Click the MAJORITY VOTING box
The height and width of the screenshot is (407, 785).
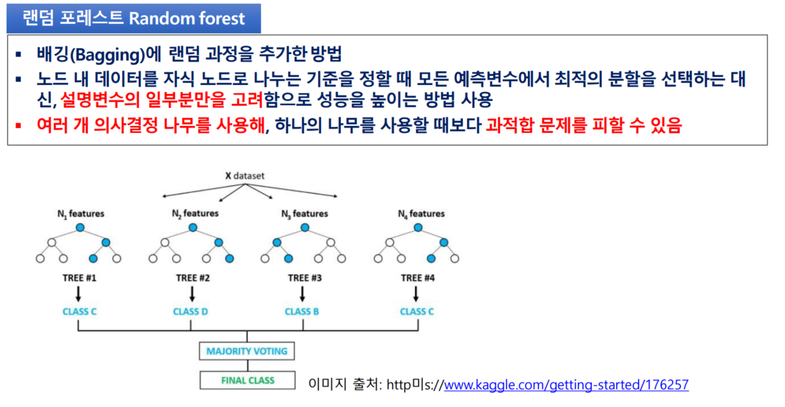247,351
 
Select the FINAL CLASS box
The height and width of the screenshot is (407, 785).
247,380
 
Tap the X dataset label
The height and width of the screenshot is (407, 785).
245,176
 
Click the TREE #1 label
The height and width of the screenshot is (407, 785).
79,278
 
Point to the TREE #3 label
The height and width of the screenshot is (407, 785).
305,278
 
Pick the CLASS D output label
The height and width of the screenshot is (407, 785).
190,311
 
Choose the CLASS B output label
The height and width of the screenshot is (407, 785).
302,311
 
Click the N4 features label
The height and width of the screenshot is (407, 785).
421,214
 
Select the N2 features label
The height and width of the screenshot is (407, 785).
195,213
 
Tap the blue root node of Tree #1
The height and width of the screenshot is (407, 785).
80,228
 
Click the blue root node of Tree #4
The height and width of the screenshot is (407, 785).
418,228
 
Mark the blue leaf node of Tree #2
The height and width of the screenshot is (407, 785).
230,259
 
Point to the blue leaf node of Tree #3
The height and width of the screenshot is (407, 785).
288,259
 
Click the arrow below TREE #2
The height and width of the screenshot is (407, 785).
192,294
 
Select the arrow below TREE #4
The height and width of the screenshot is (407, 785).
416,294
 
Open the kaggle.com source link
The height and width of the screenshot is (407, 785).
566,385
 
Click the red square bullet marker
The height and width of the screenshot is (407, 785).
19,125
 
